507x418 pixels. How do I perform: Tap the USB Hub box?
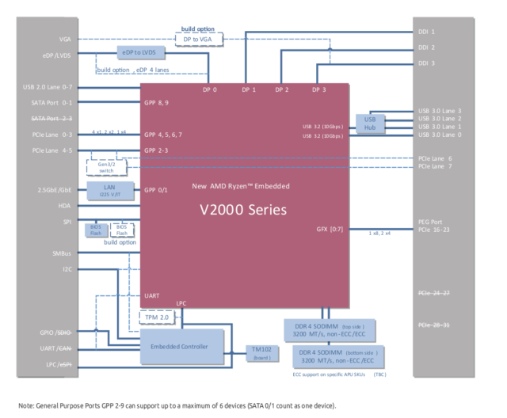(x=370, y=123)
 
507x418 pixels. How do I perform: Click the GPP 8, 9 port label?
(x=157, y=103)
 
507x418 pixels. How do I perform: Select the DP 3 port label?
(x=318, y=89)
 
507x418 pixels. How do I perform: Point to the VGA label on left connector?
(x=65, y=39)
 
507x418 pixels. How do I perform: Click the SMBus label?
(x=62, y=253)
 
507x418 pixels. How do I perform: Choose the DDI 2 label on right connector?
(x=426, y=47)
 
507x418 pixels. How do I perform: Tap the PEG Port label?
(x=430, y=222)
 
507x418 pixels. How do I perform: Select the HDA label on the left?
(x=65, y=206)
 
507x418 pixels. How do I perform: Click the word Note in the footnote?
(x=23, y=405)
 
